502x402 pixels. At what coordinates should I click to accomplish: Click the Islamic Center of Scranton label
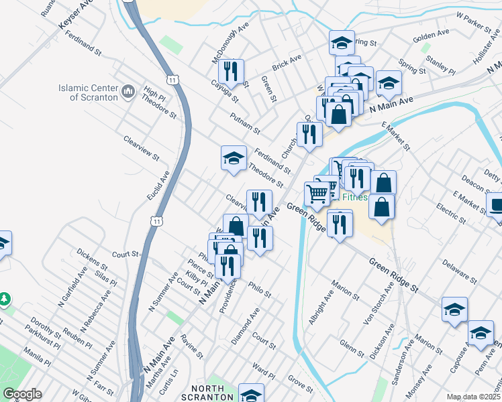coord(88,92)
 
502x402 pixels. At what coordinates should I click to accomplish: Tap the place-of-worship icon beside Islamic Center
coord(130,90)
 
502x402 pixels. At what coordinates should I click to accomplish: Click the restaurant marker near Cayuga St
coord(231,72)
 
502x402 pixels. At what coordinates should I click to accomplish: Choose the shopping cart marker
coord(316,194)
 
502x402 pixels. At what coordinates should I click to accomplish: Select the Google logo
coord(22,394)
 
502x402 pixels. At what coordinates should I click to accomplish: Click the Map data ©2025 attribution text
coord(473,397)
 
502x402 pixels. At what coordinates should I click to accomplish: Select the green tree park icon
coord(5,297)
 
